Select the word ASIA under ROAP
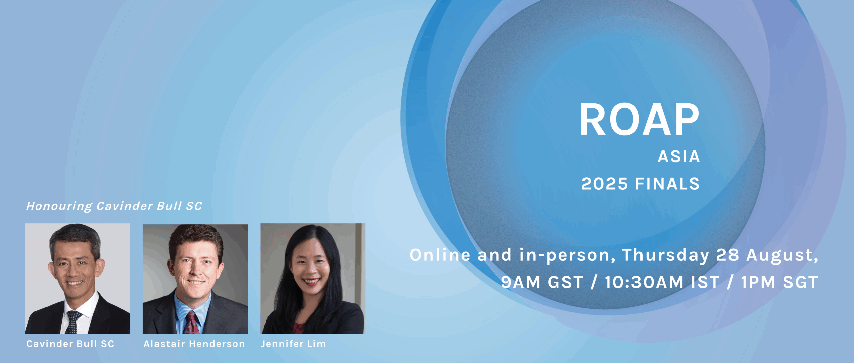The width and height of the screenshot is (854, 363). point(679,157)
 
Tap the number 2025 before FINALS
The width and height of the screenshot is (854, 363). point(604,184)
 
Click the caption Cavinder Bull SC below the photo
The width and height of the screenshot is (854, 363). point(70,344)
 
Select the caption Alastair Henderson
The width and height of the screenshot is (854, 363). point(194,344)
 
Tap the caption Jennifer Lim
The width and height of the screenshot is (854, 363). point(293,344)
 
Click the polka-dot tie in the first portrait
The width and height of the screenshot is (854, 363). point(73,322)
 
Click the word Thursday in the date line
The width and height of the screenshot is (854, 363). point(666,255)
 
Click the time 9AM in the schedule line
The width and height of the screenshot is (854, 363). point(521,282)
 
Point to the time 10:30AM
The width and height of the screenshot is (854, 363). point(644,282)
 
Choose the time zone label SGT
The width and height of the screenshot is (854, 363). point(800,282)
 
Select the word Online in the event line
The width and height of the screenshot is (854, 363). point(440,255)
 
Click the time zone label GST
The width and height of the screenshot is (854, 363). point(566,282)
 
